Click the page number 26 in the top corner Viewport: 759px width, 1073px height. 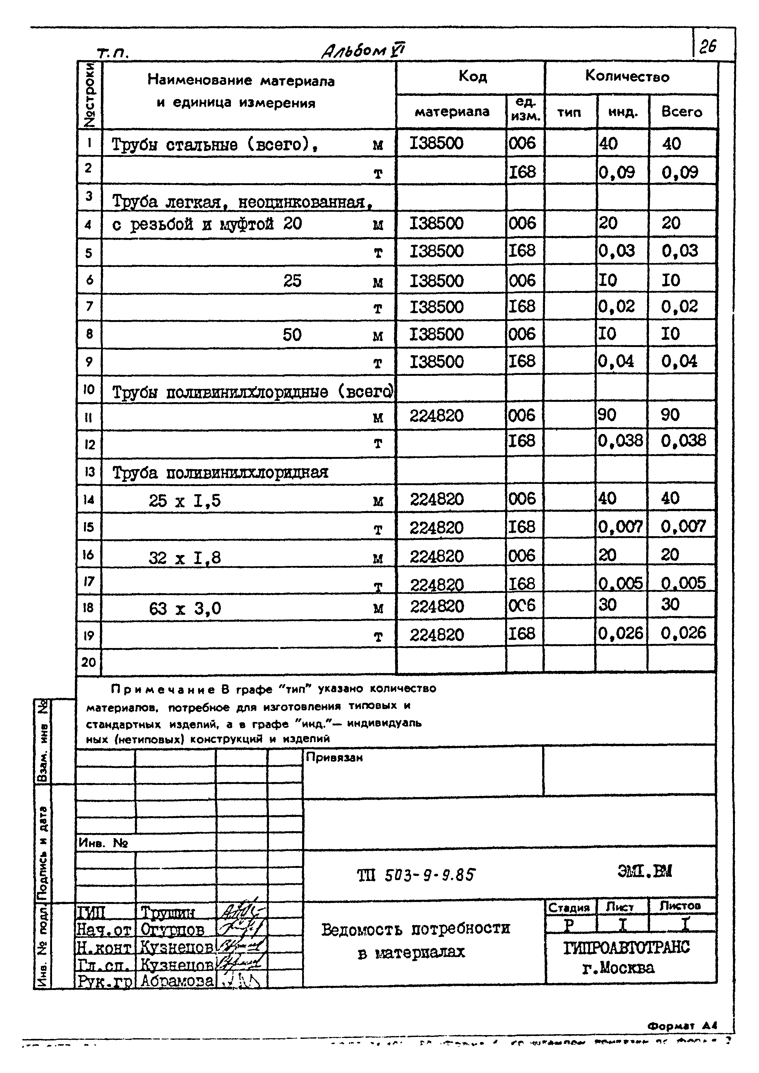708,47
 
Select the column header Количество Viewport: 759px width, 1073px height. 627,77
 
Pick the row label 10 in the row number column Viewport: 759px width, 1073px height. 89,389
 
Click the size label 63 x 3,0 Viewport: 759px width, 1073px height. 185,609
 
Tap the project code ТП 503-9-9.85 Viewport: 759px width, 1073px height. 416,875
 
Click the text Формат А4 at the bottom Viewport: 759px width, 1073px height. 682,1025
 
